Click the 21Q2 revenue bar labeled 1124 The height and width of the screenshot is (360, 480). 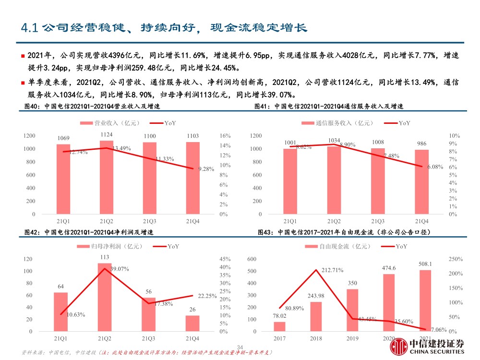(x=107, y=177)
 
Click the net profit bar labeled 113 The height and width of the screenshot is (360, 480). (x=105, y=297)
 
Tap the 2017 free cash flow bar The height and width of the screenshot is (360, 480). (x=279, y=326)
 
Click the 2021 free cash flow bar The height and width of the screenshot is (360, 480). (x=425, y=300)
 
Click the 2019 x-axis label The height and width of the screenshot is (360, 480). (x=352, y=339)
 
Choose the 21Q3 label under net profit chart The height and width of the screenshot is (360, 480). (x=148, y=339)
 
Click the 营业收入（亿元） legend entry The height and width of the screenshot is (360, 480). (x=108, y=123)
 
